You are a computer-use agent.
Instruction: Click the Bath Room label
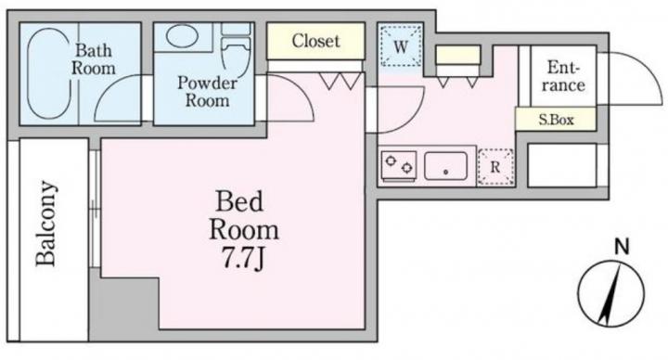[x=94, y=59]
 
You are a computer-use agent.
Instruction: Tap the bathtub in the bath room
[x=48, y=73]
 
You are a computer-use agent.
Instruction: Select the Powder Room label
[x=207, y=91]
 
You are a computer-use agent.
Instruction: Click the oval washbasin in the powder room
[x=181, y=36]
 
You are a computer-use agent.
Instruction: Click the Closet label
[x=315, y=41]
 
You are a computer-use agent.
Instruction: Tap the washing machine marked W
[x=401, y=46]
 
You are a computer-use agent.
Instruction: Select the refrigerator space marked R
[x=495, y=167]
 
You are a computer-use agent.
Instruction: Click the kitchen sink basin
[x=445, y=166]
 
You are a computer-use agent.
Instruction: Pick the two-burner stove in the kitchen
[x=399, y=166]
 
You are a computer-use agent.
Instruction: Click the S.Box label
[x=556, y=120]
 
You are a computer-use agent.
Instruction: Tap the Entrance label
[x=563, y=76]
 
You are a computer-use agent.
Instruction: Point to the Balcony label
[x=46, y=224]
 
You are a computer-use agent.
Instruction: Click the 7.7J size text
[x=244, y=258]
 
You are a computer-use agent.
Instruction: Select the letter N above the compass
[x=623, y=247]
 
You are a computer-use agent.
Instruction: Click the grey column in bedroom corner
[x=124, y=309]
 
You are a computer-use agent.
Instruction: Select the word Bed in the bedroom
[x=239, y=201]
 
